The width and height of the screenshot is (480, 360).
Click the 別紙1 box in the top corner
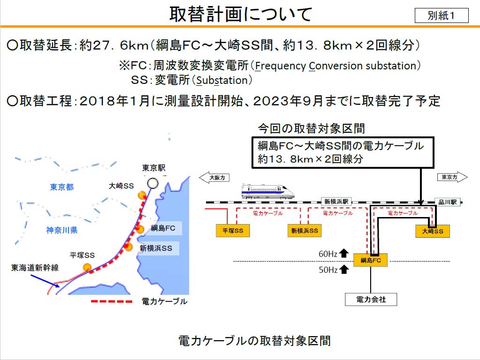pos(442,15)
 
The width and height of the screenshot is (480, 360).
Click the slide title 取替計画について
pos(241,14)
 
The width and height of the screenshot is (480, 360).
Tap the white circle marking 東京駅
pos(153,183)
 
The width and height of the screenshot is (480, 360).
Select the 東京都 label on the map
pos(62,187)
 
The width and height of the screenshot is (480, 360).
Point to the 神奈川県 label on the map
pos(62,230)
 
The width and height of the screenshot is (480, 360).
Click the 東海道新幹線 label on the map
pos(35,268)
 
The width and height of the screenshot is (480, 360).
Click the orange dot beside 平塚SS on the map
pos(87,268)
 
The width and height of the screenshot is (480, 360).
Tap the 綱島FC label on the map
pos(163,228)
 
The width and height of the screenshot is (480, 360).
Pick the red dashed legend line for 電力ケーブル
pos(112,301)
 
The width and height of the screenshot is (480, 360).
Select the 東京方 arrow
pos(452,177)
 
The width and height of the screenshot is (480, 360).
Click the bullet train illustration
pos(268,191)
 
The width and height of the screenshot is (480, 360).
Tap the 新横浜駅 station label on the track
pos(336,202)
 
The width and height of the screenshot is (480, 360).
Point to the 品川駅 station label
pos(448,202)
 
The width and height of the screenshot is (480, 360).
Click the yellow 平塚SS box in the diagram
pos(233,231)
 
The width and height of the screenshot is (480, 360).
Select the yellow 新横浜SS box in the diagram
pos(305,231)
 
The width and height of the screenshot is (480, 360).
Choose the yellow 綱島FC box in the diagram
pos(370,260)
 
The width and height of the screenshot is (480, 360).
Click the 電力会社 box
pos(371,300)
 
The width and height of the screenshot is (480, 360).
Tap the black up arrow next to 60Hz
pos(344,253)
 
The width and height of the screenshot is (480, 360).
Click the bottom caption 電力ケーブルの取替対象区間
pos(254,340)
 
